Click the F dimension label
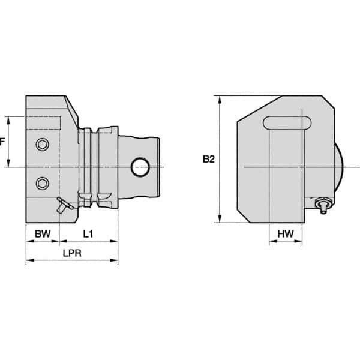pyautogui.click(x=2, y=142)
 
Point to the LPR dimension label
pyautogui.click(x=71, y=253)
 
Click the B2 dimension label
pyautogui.click(x=208, y=160)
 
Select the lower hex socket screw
pyautogui.click(x=41, y=182)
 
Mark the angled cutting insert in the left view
pyautogui.click(x=62, y=205)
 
